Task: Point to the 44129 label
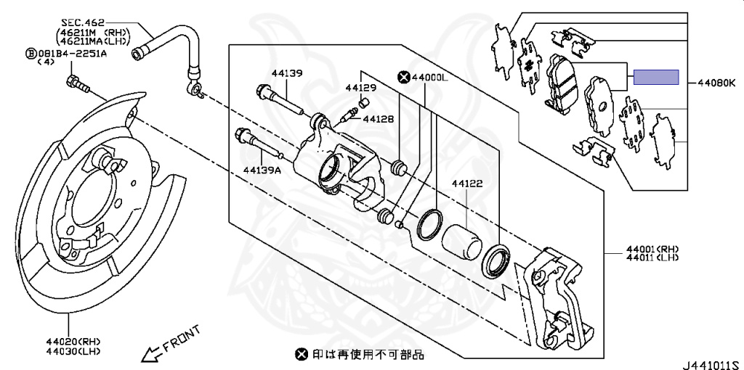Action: pos(360,88)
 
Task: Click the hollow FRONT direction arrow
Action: pos(151,353)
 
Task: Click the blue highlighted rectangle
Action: pos(656,77)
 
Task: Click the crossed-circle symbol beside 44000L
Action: pos(403,76)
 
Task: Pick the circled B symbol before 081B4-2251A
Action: pos(31,53)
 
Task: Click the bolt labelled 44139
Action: pos(280,100)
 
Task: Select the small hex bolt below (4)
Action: pos(76,83)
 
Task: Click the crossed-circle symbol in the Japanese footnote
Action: pos(301,354)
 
